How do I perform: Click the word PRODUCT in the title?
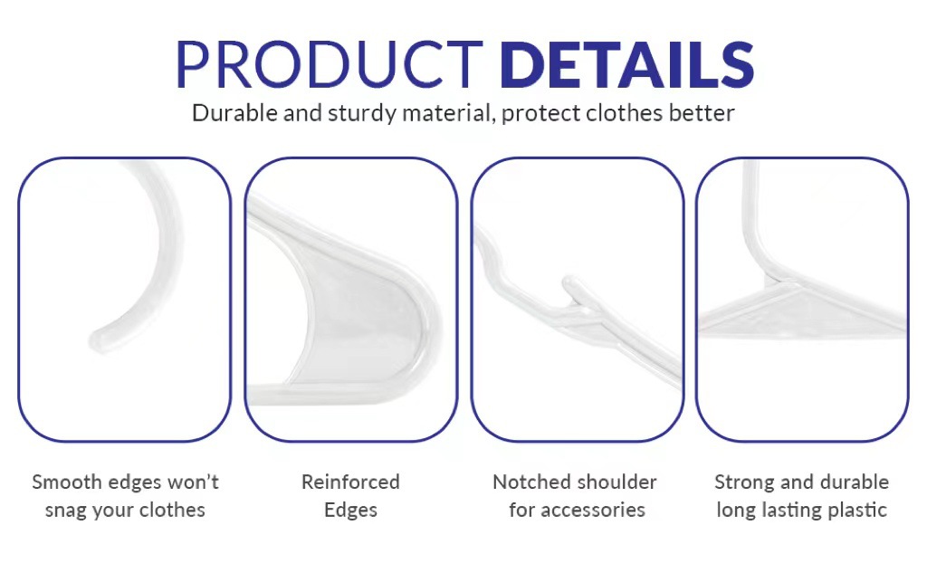(330, 64)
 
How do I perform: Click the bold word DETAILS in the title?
(626, 64)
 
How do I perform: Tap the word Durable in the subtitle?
(234, 112)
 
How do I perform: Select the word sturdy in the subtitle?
(362, 113)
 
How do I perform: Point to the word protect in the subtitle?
(540, 113)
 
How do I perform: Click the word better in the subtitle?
(702, 112)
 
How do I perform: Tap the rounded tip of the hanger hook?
(98, 340)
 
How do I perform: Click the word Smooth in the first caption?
(67, 482)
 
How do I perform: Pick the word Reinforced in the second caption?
(350, 482)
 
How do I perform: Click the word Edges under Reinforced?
(350, 511)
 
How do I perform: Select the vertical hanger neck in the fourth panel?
(750, 213)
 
